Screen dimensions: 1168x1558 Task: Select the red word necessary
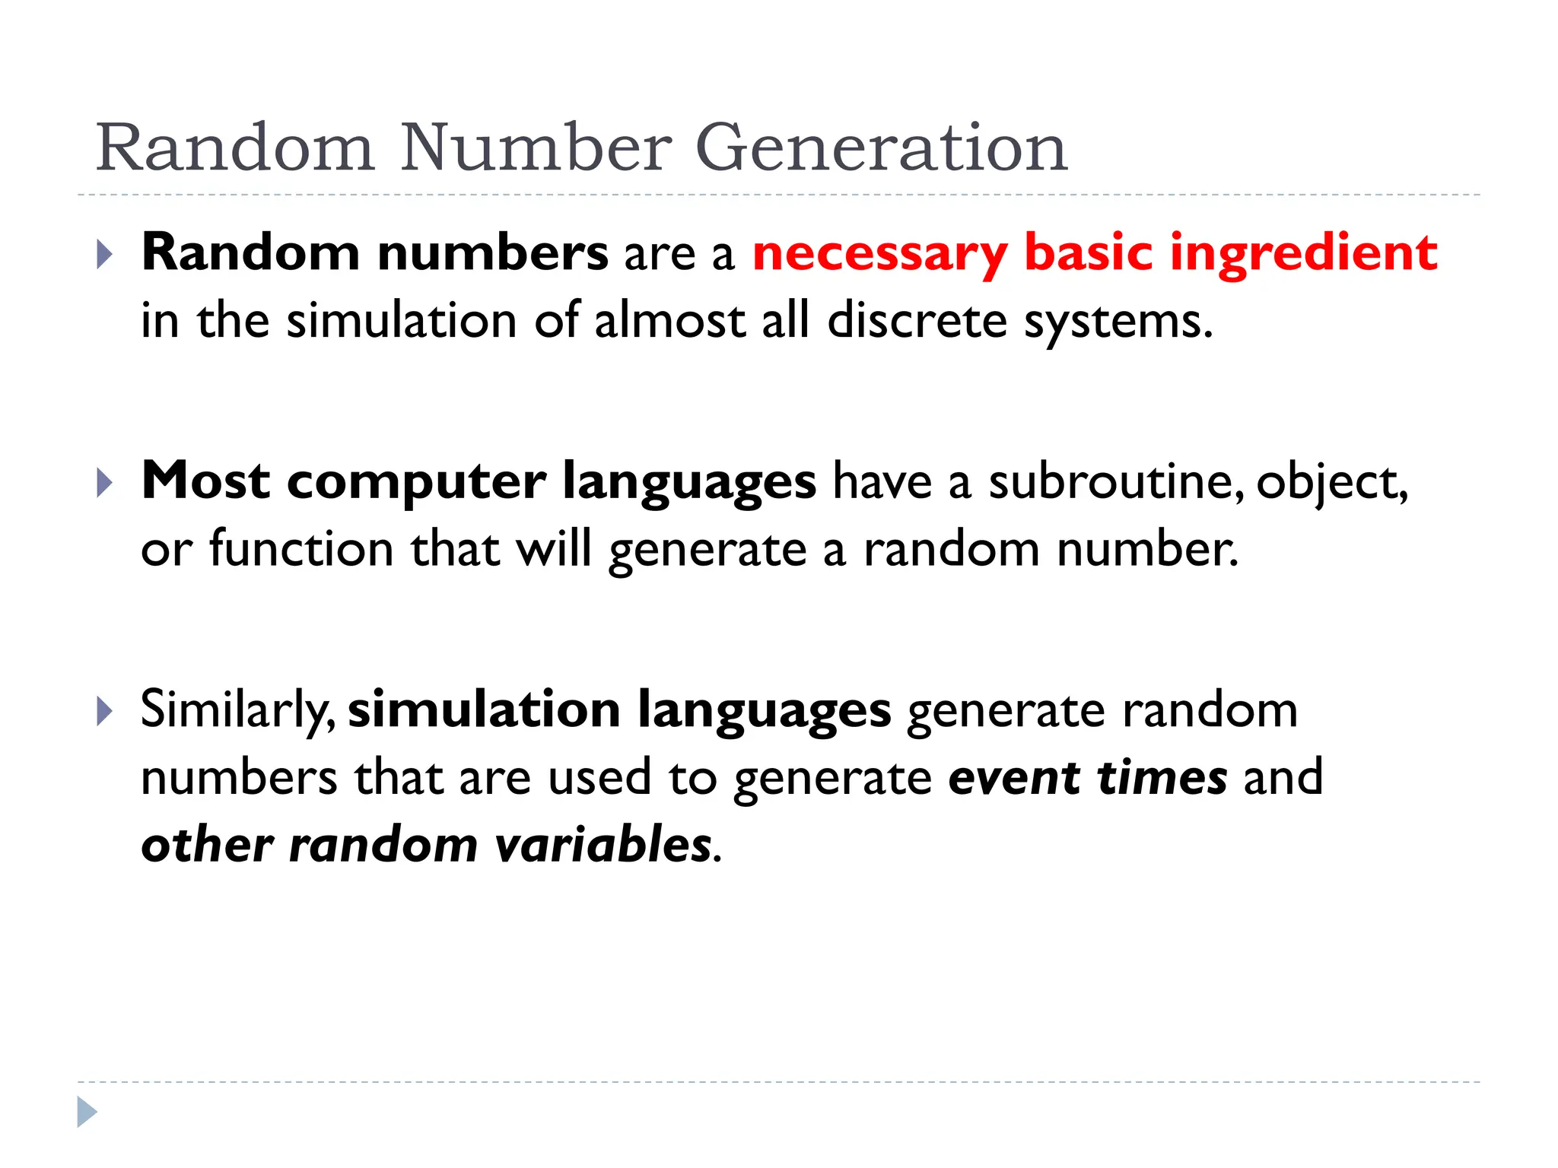pos(879,254)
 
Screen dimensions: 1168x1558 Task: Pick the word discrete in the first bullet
pos(917,321)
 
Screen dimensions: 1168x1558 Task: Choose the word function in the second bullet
pos(301,549)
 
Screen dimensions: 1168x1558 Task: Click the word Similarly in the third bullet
pos(236,710)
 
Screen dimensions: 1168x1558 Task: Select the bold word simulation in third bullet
pos(484,710)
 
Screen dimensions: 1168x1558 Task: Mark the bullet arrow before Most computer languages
pos(105,483)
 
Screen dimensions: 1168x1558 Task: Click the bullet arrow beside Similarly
pos(105,711)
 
